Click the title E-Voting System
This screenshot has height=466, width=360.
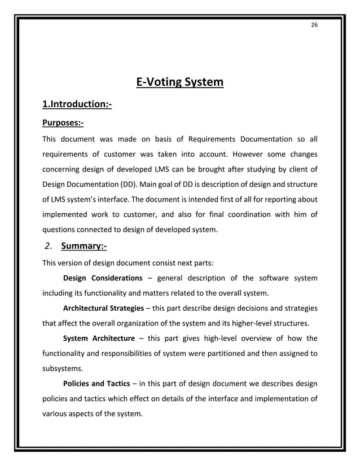coord(180,83)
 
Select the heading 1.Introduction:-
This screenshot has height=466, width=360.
coord(77,104)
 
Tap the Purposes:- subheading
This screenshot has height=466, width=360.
coord(63,122)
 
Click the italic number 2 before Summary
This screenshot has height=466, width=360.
coord(47,246)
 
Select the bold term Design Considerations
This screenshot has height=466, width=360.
coord(103,278)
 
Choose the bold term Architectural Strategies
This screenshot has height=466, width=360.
coord(104,309)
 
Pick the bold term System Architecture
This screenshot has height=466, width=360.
coord(99,338)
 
